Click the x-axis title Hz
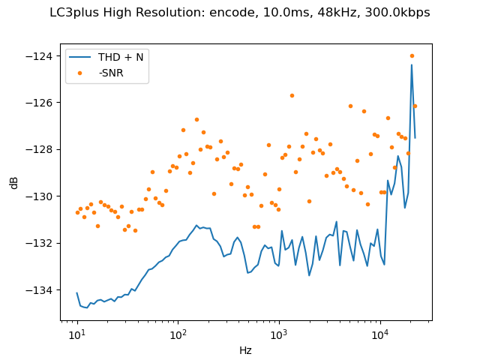(245, 349)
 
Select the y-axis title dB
(14, 182)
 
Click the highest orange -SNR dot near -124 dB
(412, 55)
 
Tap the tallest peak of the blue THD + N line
(412, 64)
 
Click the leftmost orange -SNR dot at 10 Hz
(77, 212)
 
